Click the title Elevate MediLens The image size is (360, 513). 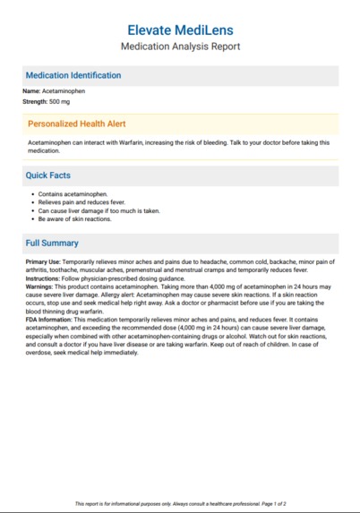(180, 30)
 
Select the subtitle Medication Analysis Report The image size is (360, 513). (180, 47)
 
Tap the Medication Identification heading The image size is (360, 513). (73, 75)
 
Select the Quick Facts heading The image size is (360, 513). (47, 175)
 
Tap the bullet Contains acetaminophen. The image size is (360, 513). (73, 193)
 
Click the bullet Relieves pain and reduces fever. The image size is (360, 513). (85, 202)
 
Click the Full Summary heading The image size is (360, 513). (51, 243)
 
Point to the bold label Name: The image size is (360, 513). (31, 91)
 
